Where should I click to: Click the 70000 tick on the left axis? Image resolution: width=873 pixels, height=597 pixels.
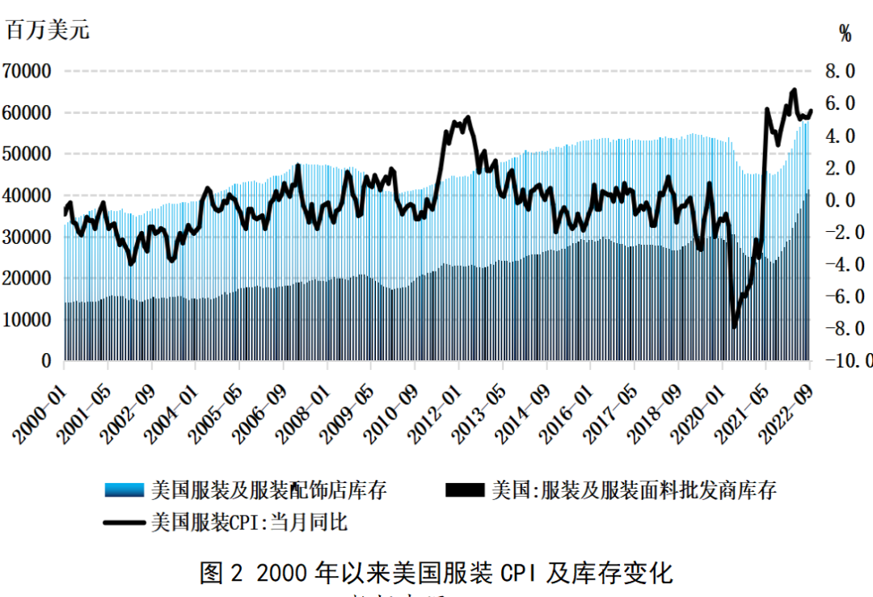tap(28, 71)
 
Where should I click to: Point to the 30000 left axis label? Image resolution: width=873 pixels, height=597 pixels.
tap(28, 237)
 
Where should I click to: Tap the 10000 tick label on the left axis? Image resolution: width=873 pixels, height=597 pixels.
tap(28, 320)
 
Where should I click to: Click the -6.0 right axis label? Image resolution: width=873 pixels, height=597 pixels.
tap(846, 296)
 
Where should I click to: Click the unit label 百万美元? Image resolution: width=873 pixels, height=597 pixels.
tap(48, 31)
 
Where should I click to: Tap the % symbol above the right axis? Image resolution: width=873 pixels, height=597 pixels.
tap(846, 33)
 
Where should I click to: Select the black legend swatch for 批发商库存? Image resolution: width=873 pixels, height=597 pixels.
tap(466, 490)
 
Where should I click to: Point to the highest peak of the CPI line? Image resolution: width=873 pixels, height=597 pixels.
tap(794, 90)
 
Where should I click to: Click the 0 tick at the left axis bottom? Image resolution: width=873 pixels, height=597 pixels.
tap(46, 361)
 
